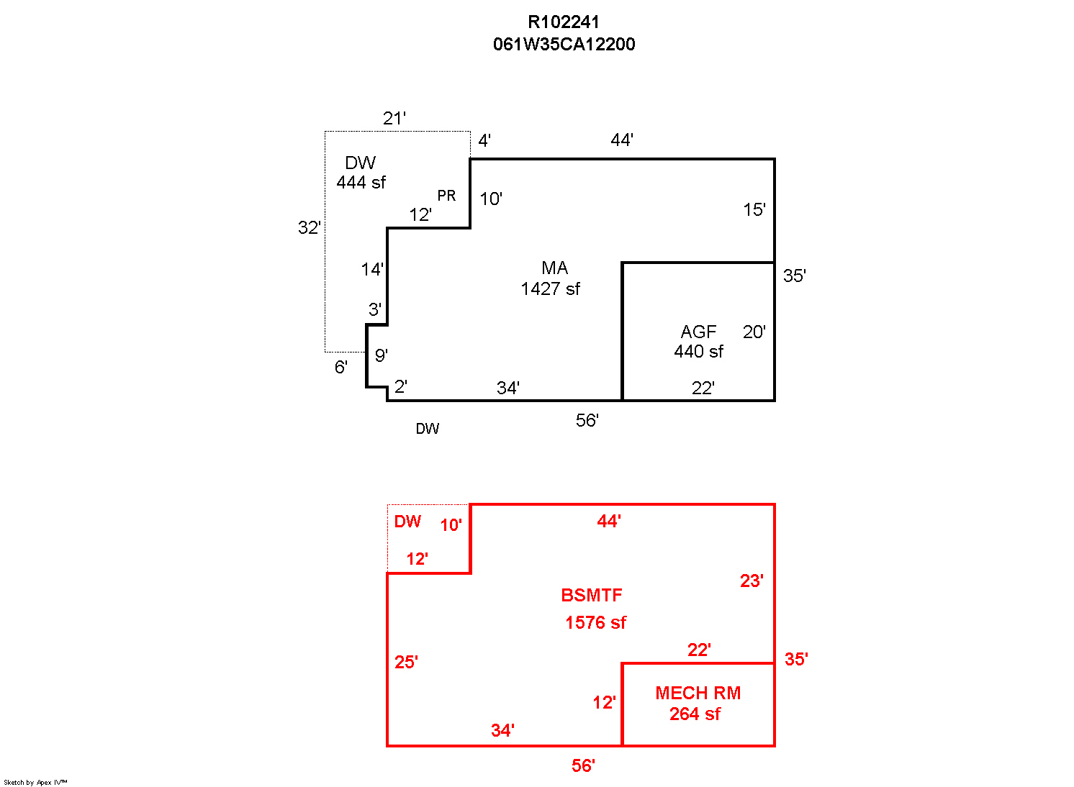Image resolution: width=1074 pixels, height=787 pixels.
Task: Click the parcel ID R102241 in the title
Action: tap(564, 22)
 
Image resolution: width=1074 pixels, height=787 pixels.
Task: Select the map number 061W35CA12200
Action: tap(564, 45)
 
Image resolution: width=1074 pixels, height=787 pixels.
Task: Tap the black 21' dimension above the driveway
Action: tap(394, 119)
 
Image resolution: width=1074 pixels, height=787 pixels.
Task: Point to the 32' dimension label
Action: tap(309, 228)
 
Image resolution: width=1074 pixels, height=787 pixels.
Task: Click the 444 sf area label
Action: tap(361, 183)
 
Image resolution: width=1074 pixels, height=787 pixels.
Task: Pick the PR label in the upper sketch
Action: tap(446, 196)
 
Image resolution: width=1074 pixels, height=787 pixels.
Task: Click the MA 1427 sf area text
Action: tap(551, 278)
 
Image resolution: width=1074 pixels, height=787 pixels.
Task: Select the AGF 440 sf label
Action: tap(699, 342)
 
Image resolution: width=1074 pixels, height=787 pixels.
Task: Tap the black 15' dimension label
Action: tap(754, 210)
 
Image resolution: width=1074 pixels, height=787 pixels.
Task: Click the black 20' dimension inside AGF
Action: tap(754, 332)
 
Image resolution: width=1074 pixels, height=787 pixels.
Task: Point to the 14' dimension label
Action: tap(372, 270)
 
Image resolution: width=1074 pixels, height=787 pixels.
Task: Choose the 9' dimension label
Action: tap(382, 355)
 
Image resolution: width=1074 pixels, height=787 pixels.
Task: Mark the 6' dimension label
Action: tap(341, 368)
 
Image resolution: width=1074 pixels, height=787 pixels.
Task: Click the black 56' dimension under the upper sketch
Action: tap(587, 421)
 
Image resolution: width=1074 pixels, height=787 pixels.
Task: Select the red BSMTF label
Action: tap(592, 596)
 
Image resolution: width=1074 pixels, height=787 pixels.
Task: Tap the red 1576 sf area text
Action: tap(595, 623)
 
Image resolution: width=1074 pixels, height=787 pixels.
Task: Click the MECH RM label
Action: tap(698, 693)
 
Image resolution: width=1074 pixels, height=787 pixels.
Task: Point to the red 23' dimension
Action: tap(752, 581)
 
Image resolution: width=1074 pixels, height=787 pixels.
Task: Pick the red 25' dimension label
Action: tap(406, 663)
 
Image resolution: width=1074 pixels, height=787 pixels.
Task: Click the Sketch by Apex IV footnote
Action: tap(35, 782)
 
